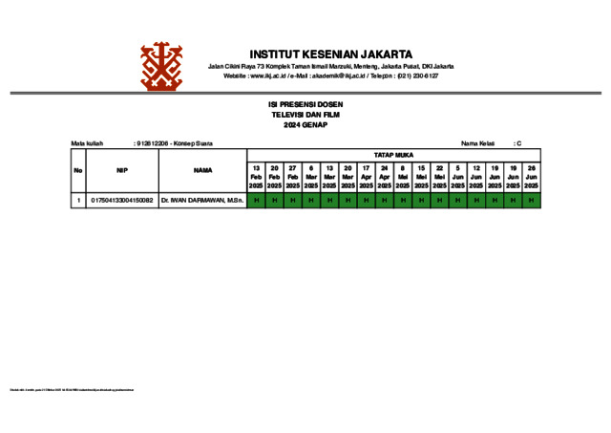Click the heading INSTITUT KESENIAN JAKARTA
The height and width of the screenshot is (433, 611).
click(x=331, y=54)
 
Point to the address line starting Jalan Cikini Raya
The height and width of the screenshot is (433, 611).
click(x=331, y=66)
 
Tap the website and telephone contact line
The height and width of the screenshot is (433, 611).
click(x=331, y=76)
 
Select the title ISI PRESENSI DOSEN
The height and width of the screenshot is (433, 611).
click(x=305, y=104)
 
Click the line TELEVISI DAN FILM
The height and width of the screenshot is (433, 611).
click(x=305, y=114)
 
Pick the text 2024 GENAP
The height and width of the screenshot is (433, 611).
click(x=305, y=124)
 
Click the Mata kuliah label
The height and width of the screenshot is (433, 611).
click(x=87, y=143)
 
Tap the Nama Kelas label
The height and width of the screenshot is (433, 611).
click(x=478, y=143)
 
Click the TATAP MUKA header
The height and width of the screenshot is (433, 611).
click(x=393, y=154)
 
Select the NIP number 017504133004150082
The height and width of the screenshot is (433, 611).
click(x=122, y=201)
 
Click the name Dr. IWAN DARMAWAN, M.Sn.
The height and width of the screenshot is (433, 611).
click(x=202, y=201)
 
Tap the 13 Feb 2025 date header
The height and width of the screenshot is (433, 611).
click(x=256, y=177)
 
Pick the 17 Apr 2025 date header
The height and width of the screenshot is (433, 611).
click(x=367, y=177)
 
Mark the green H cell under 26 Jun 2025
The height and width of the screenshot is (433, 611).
click(x=531, y=201)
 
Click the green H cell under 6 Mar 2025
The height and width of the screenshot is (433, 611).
click(x=311, y=201)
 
